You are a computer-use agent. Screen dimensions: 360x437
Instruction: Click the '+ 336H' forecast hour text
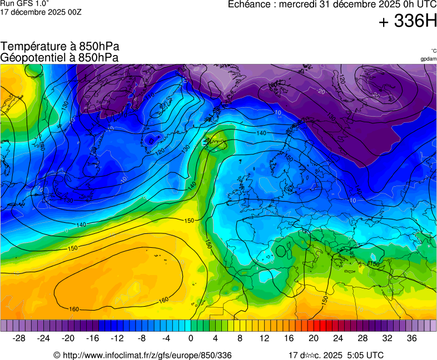[408, 22]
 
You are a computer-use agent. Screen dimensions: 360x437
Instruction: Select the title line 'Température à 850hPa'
[60, 47]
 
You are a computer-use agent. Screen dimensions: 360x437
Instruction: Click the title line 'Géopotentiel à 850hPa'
[59, 57]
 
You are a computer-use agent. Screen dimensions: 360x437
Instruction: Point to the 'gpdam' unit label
[428, 59]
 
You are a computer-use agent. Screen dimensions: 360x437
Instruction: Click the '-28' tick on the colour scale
[19, 338]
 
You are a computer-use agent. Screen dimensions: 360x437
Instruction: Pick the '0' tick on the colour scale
[191, 338]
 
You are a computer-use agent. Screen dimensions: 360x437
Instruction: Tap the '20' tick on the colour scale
[313, 338]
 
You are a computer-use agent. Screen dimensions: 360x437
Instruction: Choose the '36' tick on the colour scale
[411, 338]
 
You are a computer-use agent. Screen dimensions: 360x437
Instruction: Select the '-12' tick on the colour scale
[117, 338]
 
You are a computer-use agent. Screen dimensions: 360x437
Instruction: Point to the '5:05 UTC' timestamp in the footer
[365, 355]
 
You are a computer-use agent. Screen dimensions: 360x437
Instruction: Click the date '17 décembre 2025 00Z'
[41, 12]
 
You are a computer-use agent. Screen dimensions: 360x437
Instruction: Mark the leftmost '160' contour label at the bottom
[74, 309]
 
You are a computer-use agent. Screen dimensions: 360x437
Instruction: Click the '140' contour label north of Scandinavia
[261, 133]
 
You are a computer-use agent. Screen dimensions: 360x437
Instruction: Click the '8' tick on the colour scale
[240, 338]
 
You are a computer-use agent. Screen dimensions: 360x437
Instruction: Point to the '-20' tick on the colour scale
[68, 338]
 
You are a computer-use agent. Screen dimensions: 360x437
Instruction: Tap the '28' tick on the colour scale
[362, 338]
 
